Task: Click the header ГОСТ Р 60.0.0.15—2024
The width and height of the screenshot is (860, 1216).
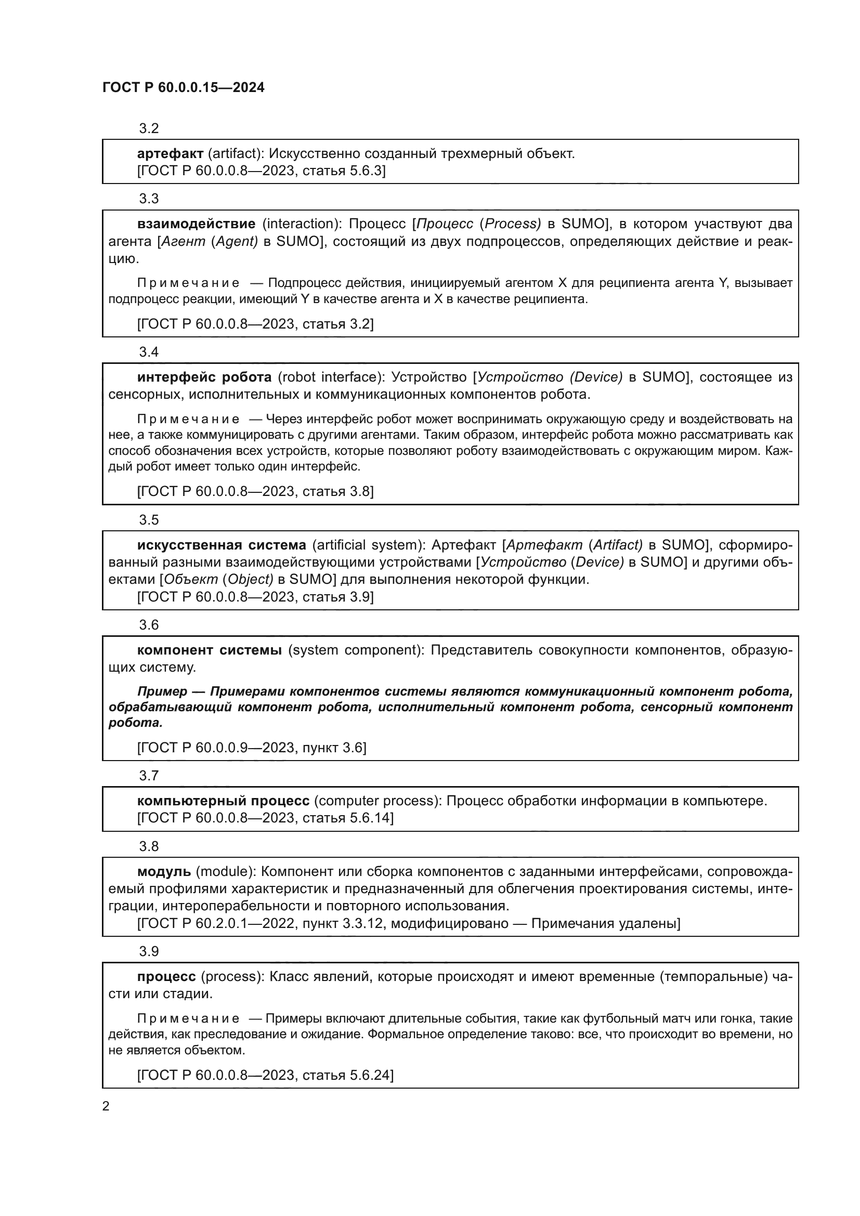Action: [183, 88]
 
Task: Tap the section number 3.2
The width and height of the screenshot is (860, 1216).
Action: [149, 129]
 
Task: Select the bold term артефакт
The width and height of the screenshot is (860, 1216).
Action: [170, 154]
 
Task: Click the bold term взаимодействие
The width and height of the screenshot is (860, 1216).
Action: [196, 224]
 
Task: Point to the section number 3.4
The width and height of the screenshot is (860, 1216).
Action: [149, 352]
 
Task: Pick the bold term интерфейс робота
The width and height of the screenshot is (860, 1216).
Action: [204, 377]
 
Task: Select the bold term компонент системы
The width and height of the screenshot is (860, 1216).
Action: [209, 650]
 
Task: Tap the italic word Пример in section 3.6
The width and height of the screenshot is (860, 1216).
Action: [162, 691]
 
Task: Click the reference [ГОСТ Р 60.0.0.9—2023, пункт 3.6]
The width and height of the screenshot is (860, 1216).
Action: [252, 748]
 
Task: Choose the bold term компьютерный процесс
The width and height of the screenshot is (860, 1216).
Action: [223, 801]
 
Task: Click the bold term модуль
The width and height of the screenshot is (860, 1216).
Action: [164, 872]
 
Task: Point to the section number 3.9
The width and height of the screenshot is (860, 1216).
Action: [149, 952]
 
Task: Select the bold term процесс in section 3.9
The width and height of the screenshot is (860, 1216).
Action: [166, 977]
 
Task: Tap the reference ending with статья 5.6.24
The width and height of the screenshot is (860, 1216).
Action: [265, 1075]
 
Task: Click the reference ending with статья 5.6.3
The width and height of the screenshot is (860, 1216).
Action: [261, 171]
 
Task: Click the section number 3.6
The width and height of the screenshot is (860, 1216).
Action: [149, 625]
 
